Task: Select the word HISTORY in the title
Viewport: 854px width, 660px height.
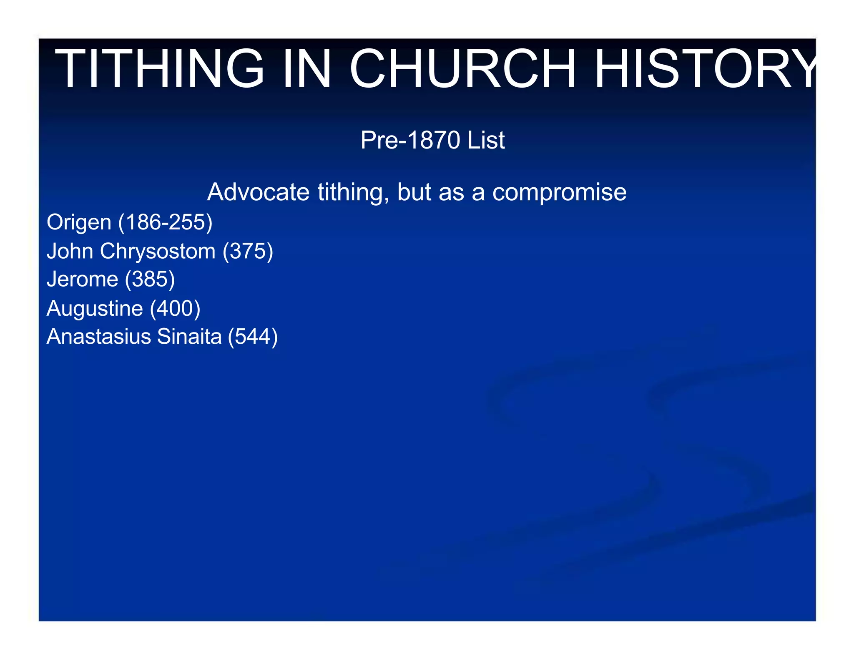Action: (x=705, y=69)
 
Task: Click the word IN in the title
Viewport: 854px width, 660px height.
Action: (x=306, y=69)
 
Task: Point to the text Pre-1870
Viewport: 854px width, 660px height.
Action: (x=410, y=140)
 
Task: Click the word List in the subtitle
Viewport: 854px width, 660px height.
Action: (x=486, y=140)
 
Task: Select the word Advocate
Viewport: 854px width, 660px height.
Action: (x=258, y=192)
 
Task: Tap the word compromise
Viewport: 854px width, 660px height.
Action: (x=559, y=192)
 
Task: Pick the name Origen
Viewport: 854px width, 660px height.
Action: (x=79, y=222)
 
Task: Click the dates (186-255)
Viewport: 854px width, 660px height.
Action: (x=166, y=222)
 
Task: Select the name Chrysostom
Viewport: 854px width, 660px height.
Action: (x=158, y=252)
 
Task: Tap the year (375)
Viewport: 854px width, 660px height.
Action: (x=248, y=252)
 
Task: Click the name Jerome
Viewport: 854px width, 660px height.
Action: (x=82, y=279)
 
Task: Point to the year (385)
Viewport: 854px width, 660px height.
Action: (x=150, y=279)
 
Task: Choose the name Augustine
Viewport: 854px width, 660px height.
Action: (x=95, y=309)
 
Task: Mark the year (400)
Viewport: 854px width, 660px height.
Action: (x=175, y=309)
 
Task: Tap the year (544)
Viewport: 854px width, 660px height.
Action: (x=253, y=337)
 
